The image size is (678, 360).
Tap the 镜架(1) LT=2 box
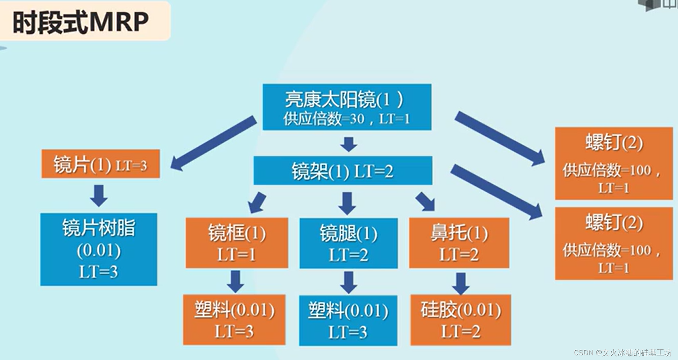(x=343, y=171)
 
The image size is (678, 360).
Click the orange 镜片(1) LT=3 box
(x=101, y=164)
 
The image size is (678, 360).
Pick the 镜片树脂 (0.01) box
(x=99, y=249)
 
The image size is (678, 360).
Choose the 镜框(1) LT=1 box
(x=237, y=243)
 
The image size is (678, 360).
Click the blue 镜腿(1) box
(x=348, y=243)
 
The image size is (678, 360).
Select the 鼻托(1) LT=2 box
(x=459, y=243)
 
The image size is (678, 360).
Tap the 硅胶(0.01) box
(x=460, y=320)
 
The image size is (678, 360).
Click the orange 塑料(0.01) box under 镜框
(x=234, y=320)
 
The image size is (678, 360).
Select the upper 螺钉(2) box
(x=614, y=163)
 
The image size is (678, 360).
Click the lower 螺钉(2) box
(x=614, y=243)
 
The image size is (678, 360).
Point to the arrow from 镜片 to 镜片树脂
(x=99, y=195)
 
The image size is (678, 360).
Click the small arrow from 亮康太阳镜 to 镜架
(x=349, y=144)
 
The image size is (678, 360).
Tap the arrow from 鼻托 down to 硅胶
(x=460, y=283)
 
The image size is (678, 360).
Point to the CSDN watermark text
(x=622, y=353)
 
